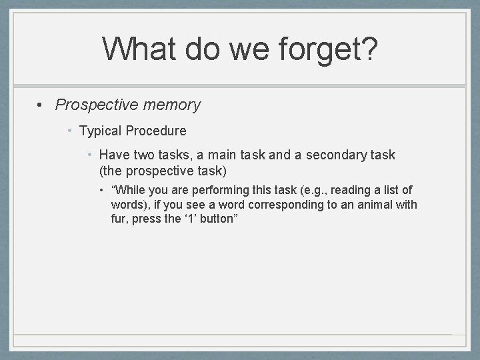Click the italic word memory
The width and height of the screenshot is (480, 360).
click(x=172, y=105)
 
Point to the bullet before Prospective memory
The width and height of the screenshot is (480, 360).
click(x=41, y=105)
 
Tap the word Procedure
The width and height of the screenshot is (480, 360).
click(x=157, y=131)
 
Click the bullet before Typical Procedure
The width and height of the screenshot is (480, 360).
click(x=70, y=131)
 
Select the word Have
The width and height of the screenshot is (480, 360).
click(x=115, y=155)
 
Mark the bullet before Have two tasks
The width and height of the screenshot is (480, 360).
click(x=90, y=155)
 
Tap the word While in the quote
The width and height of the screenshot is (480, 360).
click(x=129, y=191)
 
